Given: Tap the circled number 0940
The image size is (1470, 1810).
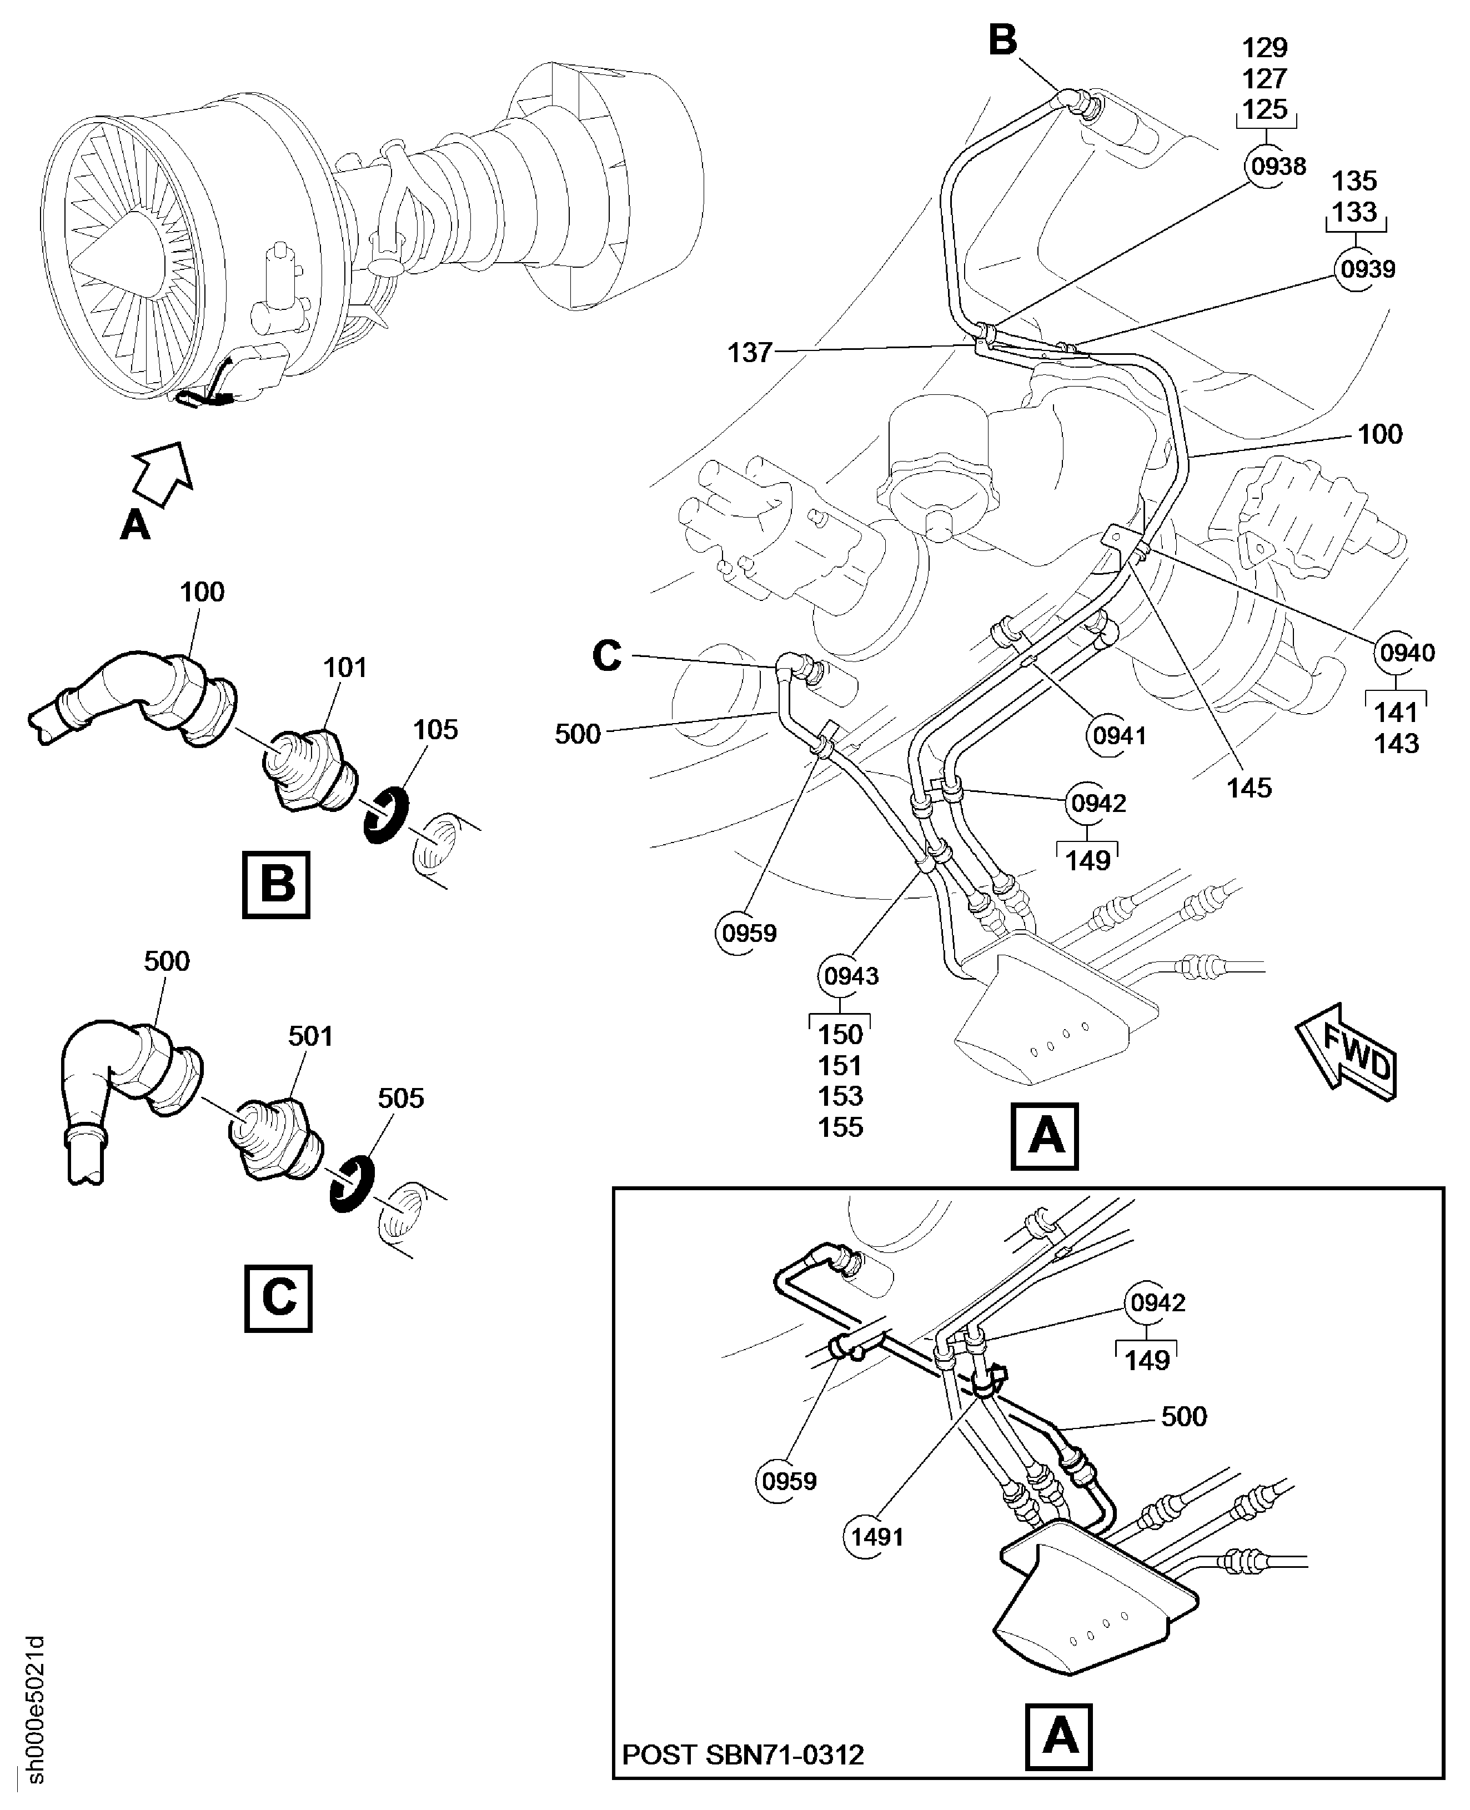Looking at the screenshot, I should point(1407,653).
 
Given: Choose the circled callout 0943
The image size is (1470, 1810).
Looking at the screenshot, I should point(851,976).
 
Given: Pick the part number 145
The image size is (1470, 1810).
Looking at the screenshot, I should point(1249,789).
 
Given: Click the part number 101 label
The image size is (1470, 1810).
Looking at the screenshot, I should point(345,668).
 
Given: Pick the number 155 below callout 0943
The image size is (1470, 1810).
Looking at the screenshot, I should point(840,1127).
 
